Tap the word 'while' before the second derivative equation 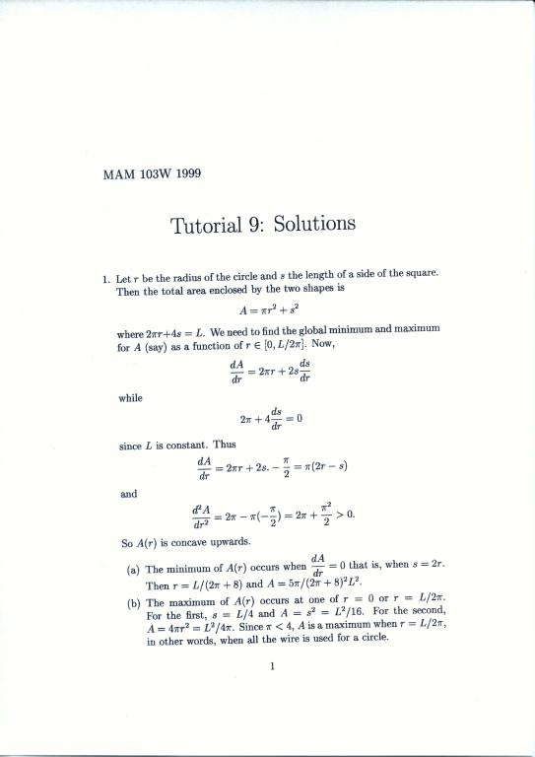(x=129, y=398)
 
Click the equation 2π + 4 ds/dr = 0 (x=270, y=421)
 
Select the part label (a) (x=133, y=570)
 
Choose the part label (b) (x=133, y=601)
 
